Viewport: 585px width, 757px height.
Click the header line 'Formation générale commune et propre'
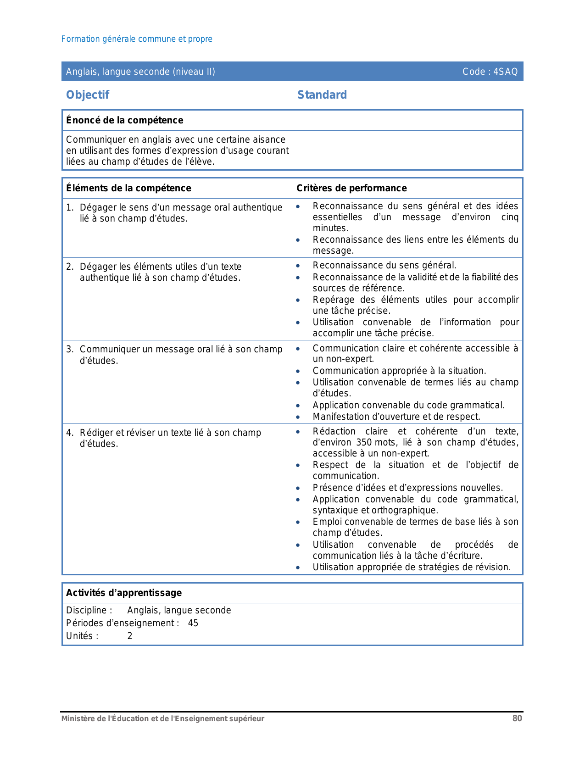[137, 39]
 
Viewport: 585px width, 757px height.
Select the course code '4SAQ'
[506, 72]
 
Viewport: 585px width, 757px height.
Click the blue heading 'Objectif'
[88, 95]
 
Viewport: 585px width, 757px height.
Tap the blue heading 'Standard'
[322, 95]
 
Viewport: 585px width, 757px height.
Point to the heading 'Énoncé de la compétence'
[125, 120]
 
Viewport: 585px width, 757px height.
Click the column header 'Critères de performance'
[351, 188]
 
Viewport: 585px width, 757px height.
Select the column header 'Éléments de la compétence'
[128, 188]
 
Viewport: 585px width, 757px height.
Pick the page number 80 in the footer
[517, 718]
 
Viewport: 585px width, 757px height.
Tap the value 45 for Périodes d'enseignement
[193, 623]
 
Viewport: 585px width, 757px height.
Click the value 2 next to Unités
[130, 636]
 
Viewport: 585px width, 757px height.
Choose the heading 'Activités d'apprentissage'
[124, 593]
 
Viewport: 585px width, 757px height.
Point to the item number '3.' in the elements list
[70, 349]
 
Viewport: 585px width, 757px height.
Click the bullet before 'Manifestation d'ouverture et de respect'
[298, 417]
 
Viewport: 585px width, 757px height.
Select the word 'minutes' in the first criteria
[330, 228]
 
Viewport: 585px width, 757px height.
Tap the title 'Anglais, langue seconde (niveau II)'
[140, 72]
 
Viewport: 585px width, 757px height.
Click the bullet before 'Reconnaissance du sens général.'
[298, 266]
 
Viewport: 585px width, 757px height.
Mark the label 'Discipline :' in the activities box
[89, 610]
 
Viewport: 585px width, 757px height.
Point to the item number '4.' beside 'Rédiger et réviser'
[70, 433]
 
